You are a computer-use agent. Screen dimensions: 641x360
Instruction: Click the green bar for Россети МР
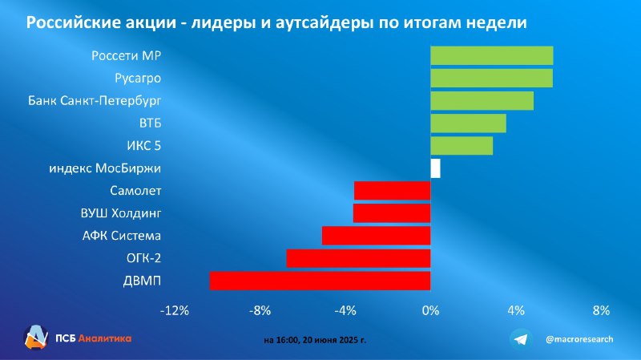(492, 55)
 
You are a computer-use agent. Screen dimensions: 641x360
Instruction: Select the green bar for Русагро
(492, 78)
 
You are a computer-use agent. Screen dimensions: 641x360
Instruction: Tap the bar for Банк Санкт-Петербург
(482, 101)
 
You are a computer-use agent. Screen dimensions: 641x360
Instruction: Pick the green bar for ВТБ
(469, 123)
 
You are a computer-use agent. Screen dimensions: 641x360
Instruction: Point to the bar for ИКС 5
(462, 146)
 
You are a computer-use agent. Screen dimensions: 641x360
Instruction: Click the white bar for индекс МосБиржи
(436, 168)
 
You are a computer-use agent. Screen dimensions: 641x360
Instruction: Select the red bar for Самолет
(393, 191)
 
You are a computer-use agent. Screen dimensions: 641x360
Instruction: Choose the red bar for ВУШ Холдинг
(392, 213)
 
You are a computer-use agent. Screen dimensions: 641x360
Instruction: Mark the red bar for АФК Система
(377, 236)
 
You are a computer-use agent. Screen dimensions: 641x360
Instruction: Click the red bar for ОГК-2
(358, 258)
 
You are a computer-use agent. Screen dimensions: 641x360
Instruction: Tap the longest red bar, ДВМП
(320, 281)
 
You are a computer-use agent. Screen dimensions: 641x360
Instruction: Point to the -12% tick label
(175, 310)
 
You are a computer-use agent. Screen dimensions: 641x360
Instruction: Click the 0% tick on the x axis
(430, 310)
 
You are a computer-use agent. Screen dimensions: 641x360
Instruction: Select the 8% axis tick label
(601, 310)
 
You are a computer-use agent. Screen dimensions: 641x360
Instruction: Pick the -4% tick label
(345, 310)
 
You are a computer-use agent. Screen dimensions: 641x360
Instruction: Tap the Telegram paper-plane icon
(521, 339)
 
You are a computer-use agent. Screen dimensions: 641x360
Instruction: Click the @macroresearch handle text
(579, 339)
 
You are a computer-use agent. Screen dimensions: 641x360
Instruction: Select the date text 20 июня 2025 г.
(334, 340)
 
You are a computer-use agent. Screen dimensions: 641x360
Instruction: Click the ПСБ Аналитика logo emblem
(36, 338)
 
